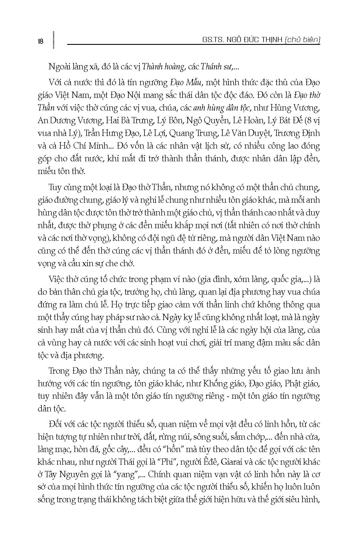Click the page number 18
tap(40, 41)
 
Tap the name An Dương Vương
tap(70, 121)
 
